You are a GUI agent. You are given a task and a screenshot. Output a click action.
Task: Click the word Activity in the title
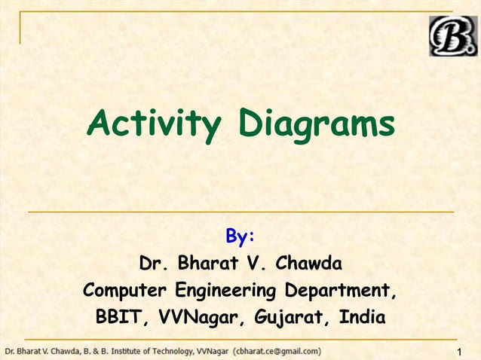153,124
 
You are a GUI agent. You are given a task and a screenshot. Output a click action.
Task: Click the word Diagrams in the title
316,124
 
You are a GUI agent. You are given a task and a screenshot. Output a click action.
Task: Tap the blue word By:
240,238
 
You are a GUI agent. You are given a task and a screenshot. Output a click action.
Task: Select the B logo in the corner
453,35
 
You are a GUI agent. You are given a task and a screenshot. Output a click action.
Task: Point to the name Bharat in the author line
208,264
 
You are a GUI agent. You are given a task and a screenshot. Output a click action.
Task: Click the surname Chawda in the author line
308,264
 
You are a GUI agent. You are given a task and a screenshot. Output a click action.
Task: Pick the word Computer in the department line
125,291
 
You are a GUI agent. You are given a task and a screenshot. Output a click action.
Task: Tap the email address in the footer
277,351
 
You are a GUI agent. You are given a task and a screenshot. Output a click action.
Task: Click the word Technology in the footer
168,351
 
